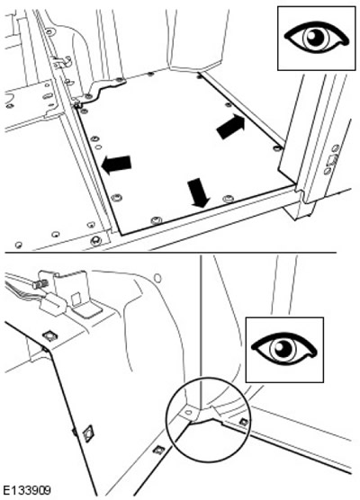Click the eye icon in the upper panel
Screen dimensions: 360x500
click(316, 38)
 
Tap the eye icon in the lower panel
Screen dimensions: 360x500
click(283, 349)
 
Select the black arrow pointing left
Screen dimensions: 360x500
click(116, 165)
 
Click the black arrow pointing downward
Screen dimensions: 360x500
click(198, 192)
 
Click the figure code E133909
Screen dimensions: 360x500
click(26, 490)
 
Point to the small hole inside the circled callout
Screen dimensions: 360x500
click(189, 412)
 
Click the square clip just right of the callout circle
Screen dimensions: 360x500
click(244, 422)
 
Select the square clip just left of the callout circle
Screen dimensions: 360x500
click(158, 450)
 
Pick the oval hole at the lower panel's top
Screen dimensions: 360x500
click(157, 278)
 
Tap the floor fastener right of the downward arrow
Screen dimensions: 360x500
click(228, 200)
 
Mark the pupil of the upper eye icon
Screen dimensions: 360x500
click(315, 37)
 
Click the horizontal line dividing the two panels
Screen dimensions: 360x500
click(171, 253)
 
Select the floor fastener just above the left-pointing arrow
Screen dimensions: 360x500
click(94, 139)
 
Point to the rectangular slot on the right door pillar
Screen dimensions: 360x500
click(331, 159)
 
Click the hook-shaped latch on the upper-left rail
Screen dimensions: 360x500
click(62, 62)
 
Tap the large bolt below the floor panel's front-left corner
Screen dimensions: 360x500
click(95, 240)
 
